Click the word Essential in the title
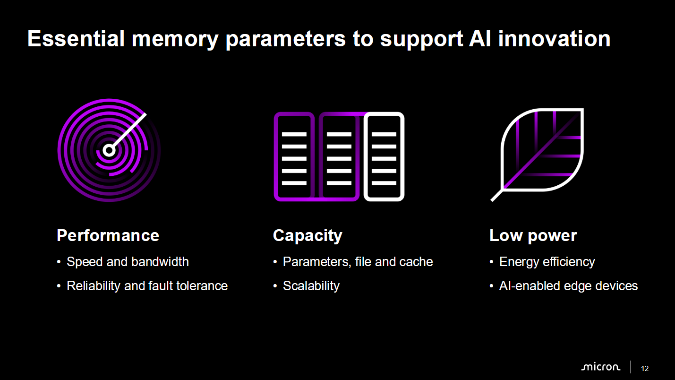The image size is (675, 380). [76, 39]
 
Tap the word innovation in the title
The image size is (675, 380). [554, 39]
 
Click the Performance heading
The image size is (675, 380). [108, 235]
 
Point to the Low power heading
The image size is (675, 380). [533, 236]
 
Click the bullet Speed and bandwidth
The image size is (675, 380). [128, 262]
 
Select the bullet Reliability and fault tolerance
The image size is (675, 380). [147, 286]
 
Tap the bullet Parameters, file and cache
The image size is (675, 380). [358, 262]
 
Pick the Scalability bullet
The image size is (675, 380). [311, 286]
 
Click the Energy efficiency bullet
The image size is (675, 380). [547, 262]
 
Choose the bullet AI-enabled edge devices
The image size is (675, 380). [568, 286]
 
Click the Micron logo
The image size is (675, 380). [600, 367]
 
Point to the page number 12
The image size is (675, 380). [645, 369]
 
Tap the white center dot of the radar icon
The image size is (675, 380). [109, 150]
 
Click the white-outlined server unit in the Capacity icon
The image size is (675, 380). [384, 156]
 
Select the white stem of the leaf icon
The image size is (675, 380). [497, 195]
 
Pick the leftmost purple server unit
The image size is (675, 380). [294, 156]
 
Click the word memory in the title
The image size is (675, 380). [175, 40]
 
